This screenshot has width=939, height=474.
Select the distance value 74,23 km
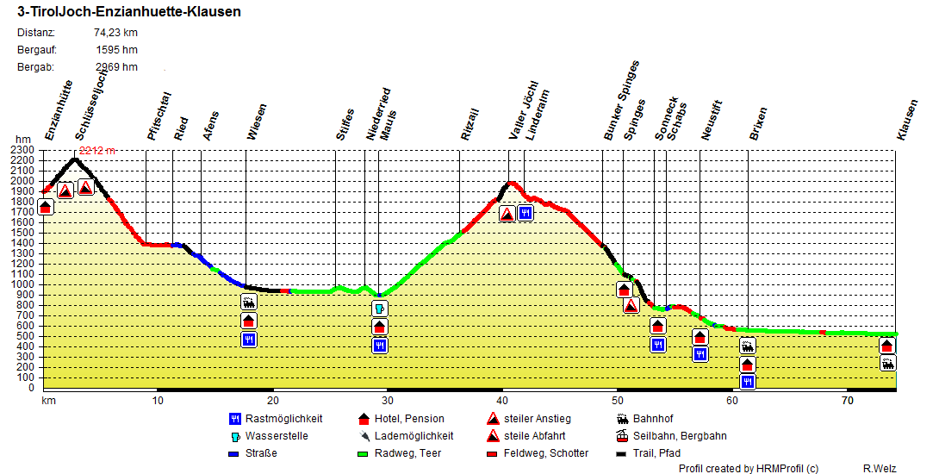pyautogui.click(x=115, y=33)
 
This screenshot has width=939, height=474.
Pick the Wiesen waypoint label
pyautogui.click(x=257, y=122)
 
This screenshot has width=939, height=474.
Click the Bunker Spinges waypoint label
pyautogui.click(x=621, y=101)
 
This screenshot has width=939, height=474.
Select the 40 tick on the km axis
pyautogui.click(x=501, y=401)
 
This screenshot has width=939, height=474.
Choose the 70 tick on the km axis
pyautogui.click(x=848, y=401)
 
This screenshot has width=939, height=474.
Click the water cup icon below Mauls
pyautogui.click(x=380, y=309)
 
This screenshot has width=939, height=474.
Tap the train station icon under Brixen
pyautogui.click(x=748, y=346)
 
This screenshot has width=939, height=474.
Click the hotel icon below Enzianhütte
pyautogui.click(x=46, y=208)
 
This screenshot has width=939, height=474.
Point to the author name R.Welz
pyautogui.click(x=880, y=468)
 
